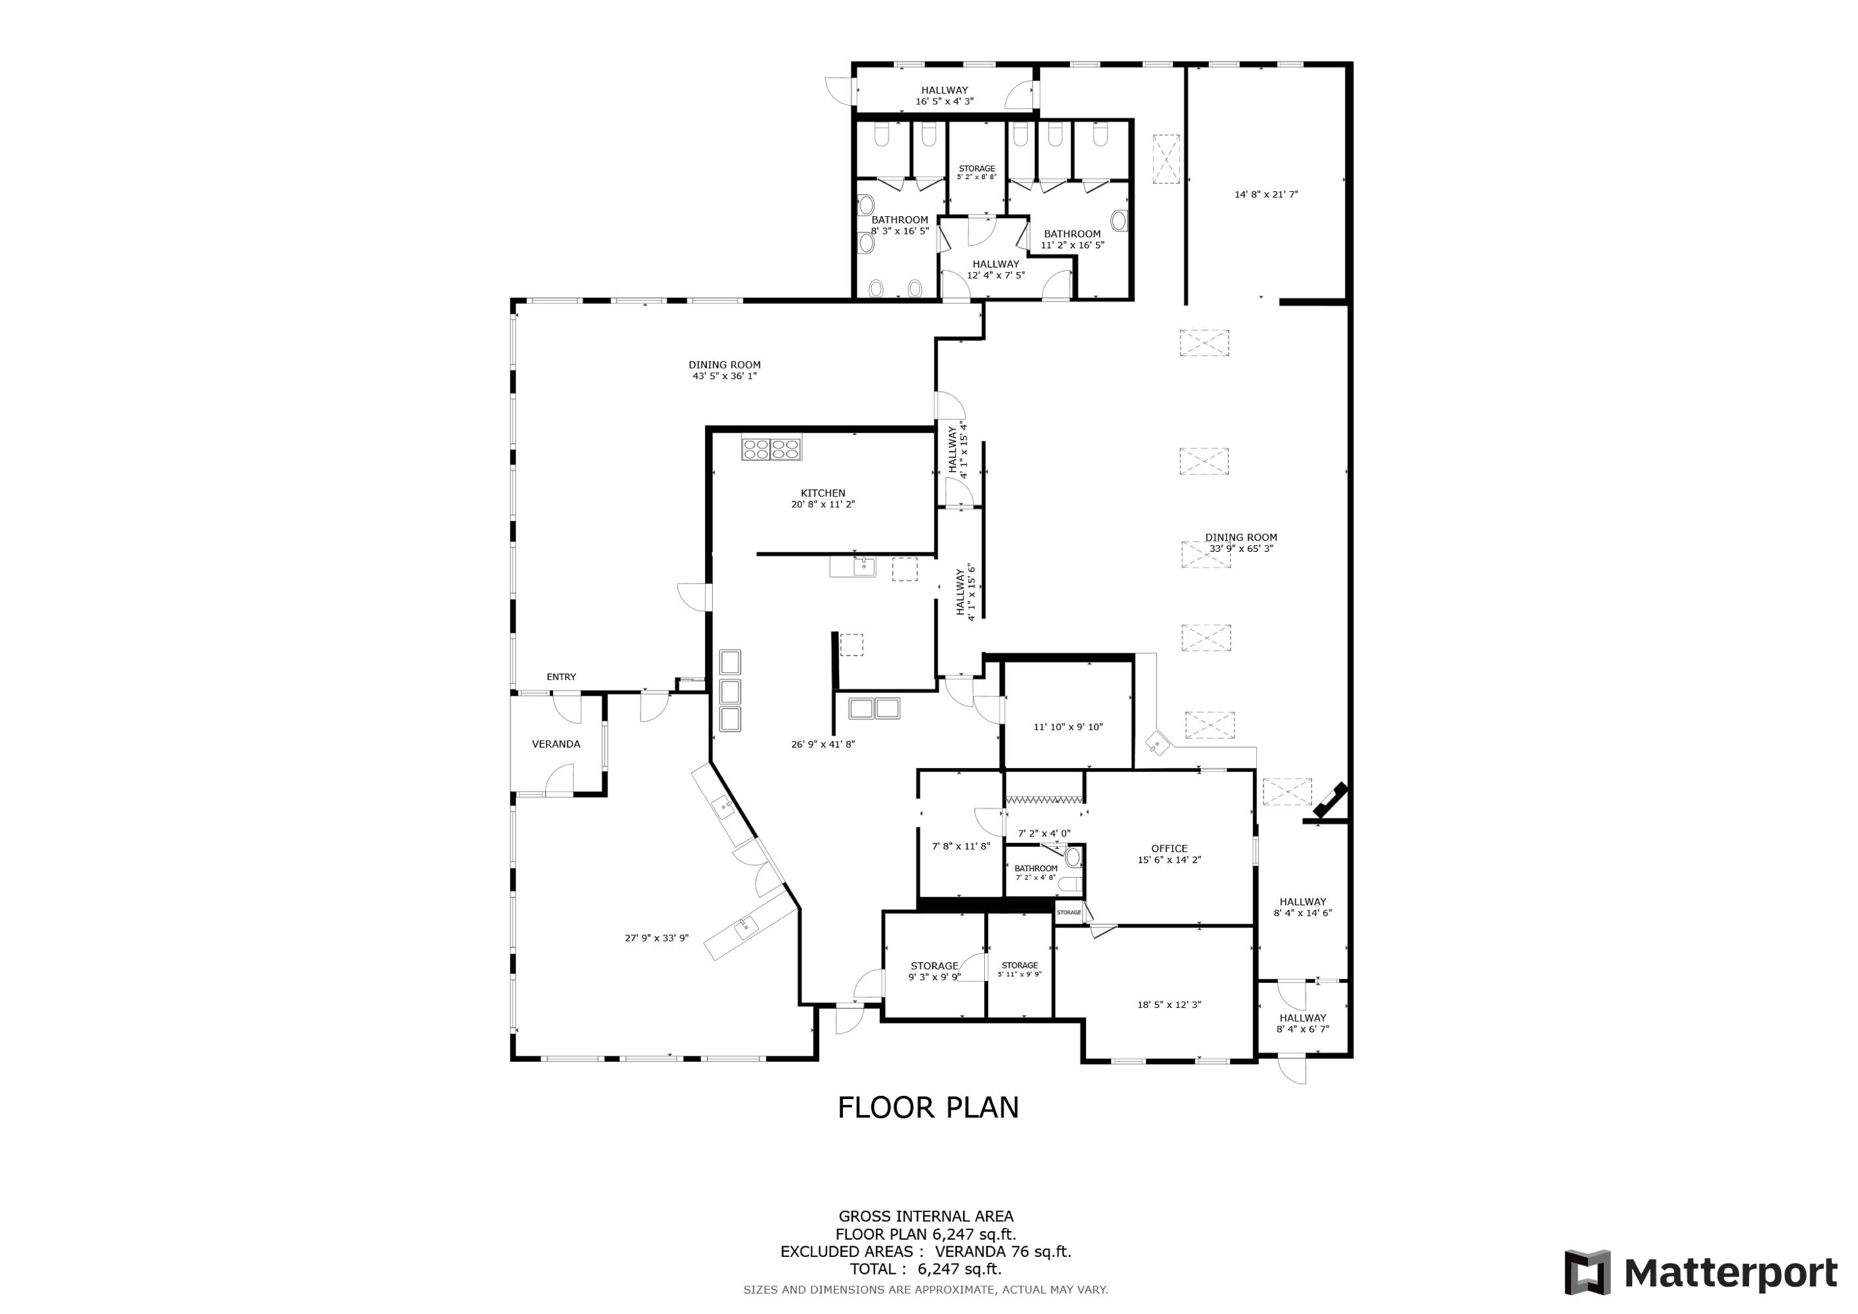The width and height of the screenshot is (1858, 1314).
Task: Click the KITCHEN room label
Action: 823,493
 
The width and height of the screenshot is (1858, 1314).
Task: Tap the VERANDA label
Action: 556,744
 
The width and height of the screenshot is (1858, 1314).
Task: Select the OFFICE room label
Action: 1169,849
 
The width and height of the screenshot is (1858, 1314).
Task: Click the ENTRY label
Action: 562,677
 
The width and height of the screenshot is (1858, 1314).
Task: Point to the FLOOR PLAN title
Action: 928,1108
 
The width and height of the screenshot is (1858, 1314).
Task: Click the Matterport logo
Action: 1701,1273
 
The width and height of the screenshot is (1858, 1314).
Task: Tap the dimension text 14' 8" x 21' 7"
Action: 1267,194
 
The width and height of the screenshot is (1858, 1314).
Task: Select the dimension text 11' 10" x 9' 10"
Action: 1068,727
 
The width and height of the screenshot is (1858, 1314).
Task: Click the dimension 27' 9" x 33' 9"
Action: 656,938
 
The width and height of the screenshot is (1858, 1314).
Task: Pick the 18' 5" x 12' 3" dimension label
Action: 1169,1005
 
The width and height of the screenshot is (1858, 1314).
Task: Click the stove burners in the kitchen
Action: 772,448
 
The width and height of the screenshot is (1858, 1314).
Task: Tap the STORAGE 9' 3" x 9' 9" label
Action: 935,971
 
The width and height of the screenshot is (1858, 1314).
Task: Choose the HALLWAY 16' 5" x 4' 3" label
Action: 944,95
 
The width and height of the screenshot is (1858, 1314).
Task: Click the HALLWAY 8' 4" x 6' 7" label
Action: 1303,1024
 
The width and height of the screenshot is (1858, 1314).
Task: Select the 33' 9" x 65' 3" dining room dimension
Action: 1241,549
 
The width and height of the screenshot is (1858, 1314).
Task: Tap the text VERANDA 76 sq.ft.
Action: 1003,1252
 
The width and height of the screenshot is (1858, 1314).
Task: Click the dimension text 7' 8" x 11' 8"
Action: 961,846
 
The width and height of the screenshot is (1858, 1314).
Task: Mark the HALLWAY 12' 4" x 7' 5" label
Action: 995,269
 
